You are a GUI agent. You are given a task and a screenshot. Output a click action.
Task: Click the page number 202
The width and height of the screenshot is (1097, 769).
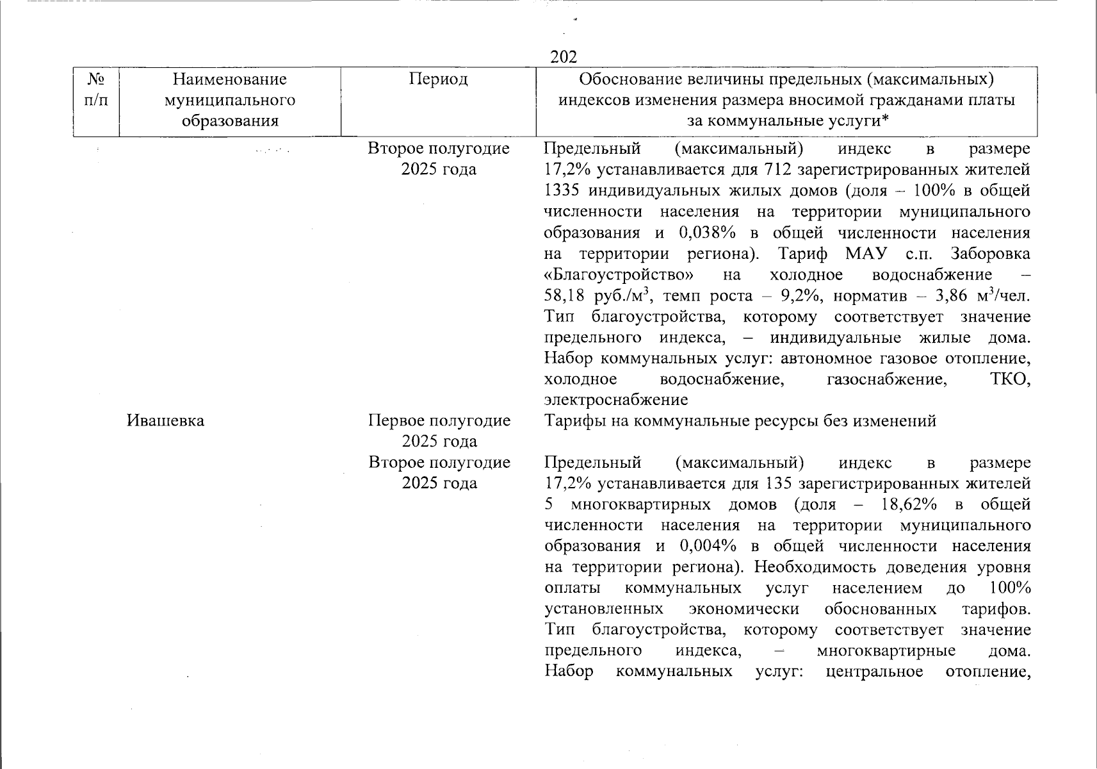(x=564, y=57)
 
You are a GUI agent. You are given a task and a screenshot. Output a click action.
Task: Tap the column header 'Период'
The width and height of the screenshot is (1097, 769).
(x=439, y=79)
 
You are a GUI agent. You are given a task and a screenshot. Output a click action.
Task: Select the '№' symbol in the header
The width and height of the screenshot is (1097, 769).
(x=96, y=79)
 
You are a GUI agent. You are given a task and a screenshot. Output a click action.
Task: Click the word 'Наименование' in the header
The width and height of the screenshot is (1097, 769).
(x=229, y=79)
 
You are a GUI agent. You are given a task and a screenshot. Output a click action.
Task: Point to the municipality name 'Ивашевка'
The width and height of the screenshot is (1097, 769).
(x=166, y=421)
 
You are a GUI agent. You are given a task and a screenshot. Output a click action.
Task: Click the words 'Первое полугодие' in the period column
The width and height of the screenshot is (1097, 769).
(x=439, y=421)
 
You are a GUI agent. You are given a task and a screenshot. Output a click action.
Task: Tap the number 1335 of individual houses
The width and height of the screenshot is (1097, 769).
(x=562, y=191)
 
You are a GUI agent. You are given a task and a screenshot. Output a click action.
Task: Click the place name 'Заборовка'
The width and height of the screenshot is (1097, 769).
(x=991, y=254)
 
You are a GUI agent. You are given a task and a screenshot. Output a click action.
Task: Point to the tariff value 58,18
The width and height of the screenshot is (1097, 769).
(x=564, y=296)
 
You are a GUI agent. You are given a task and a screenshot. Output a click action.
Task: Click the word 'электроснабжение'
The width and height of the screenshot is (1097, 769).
(x=615, y=400)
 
